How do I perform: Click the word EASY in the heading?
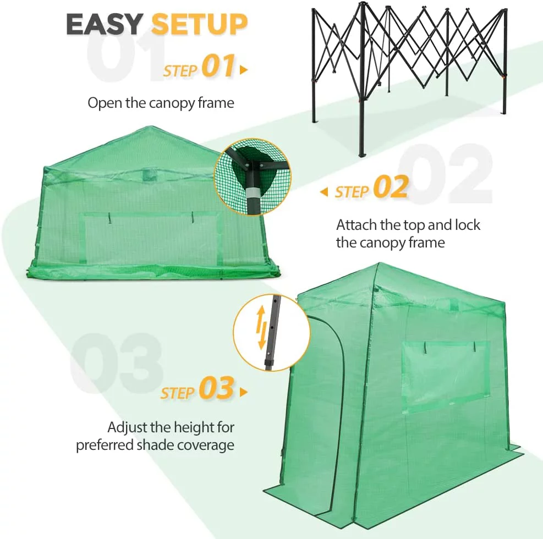(105, 24)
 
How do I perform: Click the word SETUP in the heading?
(199, 24)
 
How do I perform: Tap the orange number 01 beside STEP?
(218, 67)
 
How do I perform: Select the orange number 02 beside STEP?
(391, 188)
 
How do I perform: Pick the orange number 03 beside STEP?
(216, 389)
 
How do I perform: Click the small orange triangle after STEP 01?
(244, 70)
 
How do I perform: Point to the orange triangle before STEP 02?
(324, 192)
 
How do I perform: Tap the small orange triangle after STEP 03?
(244, 392)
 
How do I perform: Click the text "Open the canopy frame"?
(161, 103)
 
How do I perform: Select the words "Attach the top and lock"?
(408, 225)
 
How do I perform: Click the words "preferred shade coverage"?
(155, 445)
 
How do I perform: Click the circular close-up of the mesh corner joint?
(253, 176)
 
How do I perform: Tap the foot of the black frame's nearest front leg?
(361, 154)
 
